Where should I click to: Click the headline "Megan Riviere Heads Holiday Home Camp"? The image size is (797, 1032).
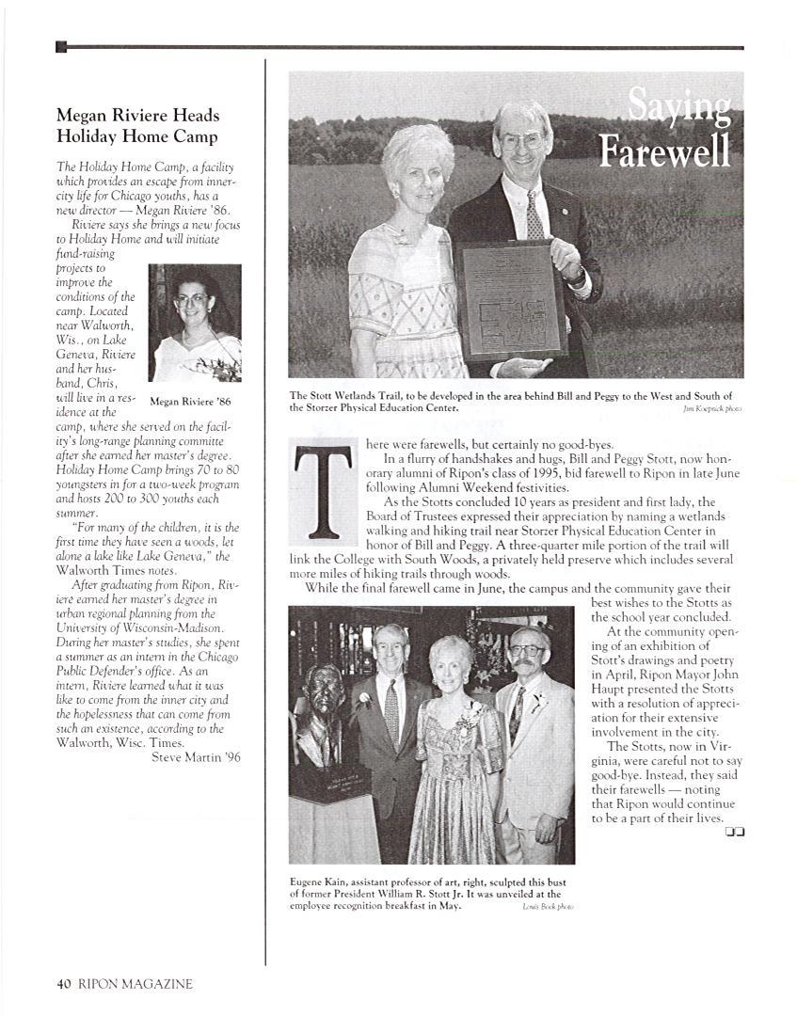click(x=137, y=126)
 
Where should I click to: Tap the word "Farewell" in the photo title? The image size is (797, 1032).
click(x=666, y=151)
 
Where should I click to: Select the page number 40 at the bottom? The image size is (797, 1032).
click(x=64, y=984)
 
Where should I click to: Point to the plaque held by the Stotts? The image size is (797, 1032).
click(x=510, y=300)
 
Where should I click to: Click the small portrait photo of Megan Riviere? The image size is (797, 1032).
click(x=195, y=323)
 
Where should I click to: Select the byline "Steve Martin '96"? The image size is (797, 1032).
click(x=196, y=758)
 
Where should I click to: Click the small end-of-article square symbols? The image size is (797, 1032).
click(x=735, y=832)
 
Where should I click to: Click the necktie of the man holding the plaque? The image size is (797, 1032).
click(x=534, y=215)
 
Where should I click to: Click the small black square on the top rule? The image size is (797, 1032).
click(x=61, y=47)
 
